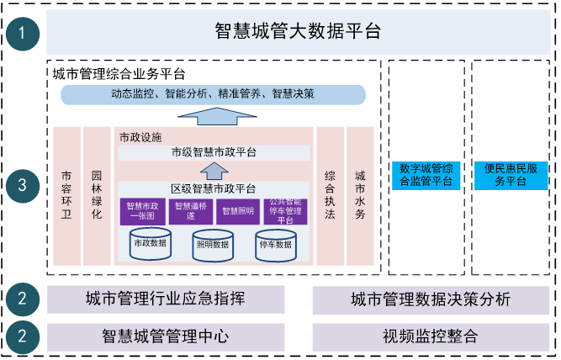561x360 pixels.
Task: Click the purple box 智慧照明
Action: [x=238, y=211]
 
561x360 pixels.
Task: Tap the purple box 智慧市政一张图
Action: [x=142, y=211]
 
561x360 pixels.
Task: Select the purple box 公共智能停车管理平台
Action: [x=287, y=211]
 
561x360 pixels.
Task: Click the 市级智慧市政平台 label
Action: [x=214, y=152]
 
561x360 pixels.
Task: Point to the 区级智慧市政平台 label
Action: [x=214, y=188]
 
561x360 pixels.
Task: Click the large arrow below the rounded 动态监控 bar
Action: [x=214, y=116]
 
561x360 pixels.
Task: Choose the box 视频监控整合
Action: [x=430, y=336]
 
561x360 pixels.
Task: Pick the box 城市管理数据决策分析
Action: [x=430, y=299]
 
